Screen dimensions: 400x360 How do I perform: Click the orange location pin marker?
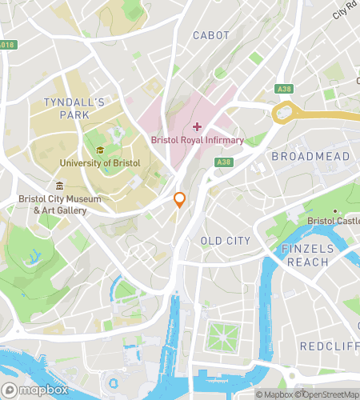click(180, 200)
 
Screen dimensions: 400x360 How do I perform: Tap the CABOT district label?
click(211, 35)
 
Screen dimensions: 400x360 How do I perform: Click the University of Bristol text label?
click(99, 163)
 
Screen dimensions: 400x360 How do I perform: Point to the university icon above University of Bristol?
click(100, 150)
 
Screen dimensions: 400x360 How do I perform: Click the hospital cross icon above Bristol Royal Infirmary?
click(197, 127)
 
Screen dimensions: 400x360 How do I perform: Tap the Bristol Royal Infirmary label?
click(198, 140)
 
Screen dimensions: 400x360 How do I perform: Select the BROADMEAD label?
click(310, 156)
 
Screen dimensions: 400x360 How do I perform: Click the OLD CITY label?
click(225, 241)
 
